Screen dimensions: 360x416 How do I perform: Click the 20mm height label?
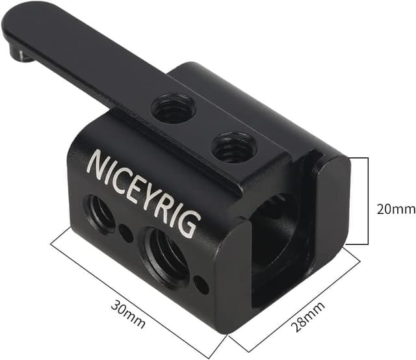click(x=395, y=209)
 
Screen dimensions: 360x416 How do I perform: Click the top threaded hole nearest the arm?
click(x=173, y=109)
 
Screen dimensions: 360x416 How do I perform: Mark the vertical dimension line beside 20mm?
click(x=368, y=201)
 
